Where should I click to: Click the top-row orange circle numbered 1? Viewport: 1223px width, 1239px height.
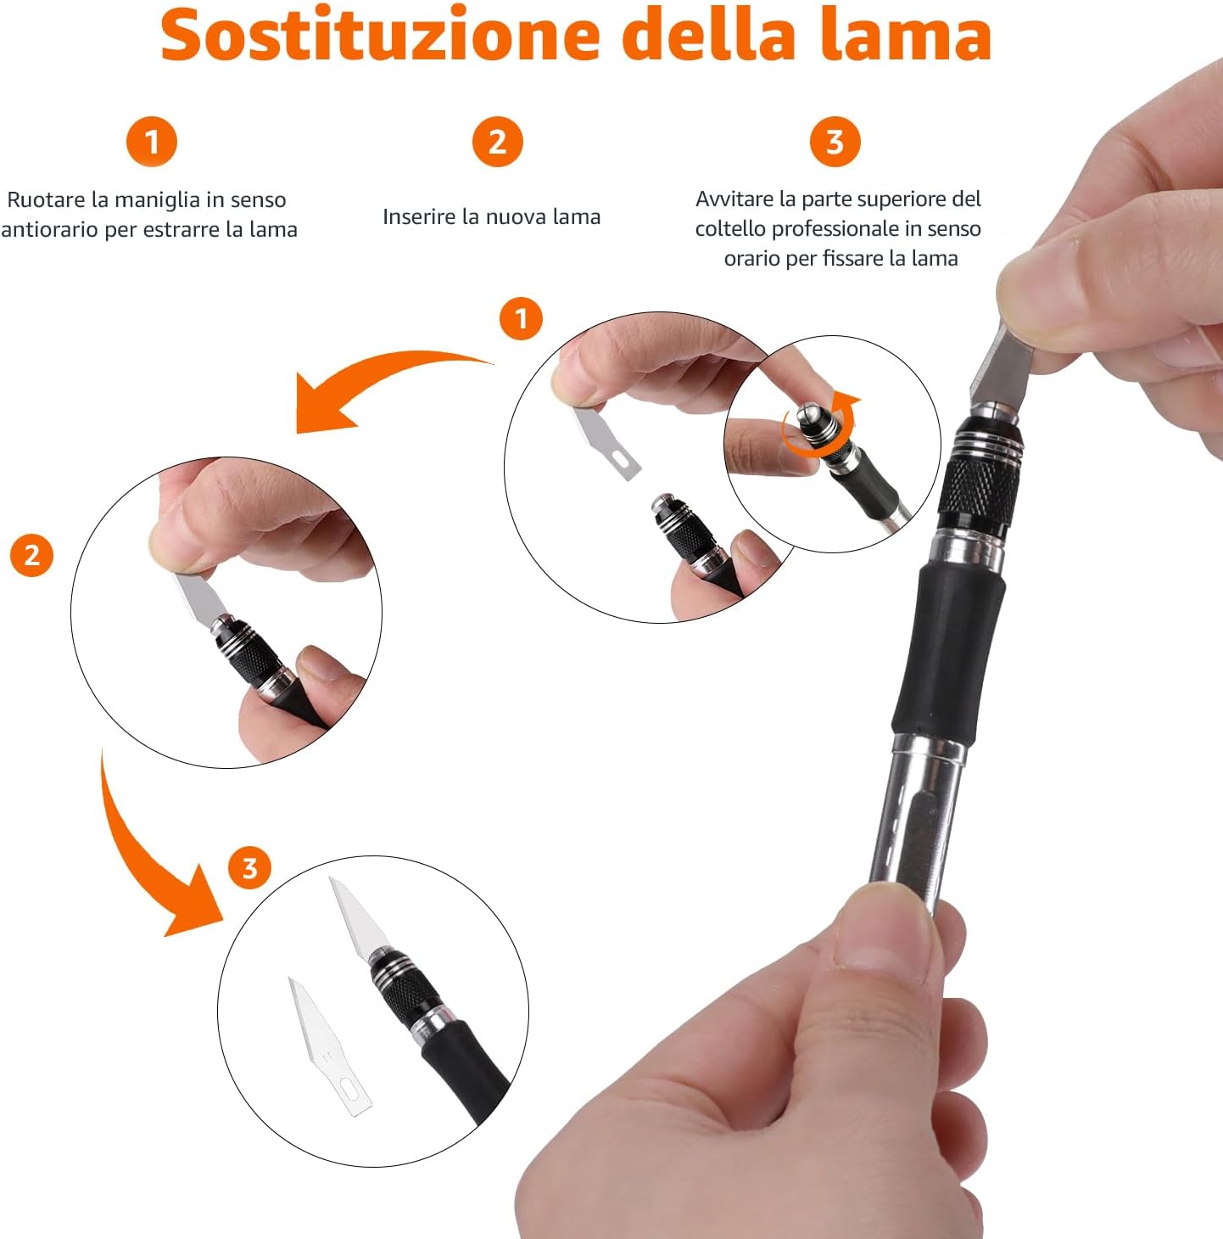152,142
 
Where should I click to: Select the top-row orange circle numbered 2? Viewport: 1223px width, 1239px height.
497,142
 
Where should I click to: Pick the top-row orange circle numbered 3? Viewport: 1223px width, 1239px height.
835,142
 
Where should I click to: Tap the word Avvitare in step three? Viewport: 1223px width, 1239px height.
735,199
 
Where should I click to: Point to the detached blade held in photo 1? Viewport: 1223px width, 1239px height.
606,441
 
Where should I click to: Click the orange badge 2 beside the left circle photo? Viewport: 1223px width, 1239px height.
31,555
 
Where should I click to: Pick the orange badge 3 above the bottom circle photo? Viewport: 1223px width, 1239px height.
249,867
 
